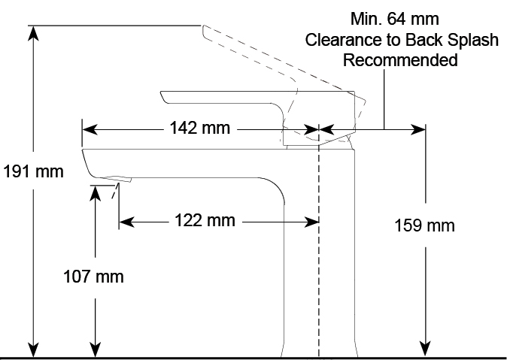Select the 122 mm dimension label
[205, 220]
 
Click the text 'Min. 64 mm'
[395, 18]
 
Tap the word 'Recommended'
[400, 60]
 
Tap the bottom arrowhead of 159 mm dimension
[427, 346]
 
